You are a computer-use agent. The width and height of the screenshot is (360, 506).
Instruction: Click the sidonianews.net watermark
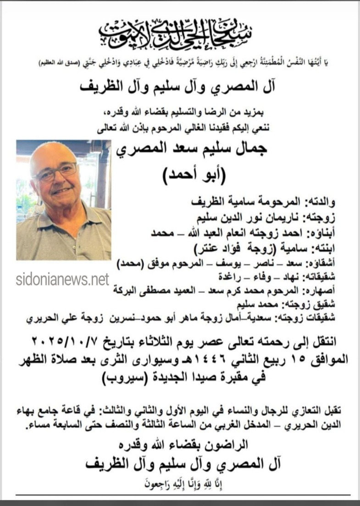click(x=62, y=279)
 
